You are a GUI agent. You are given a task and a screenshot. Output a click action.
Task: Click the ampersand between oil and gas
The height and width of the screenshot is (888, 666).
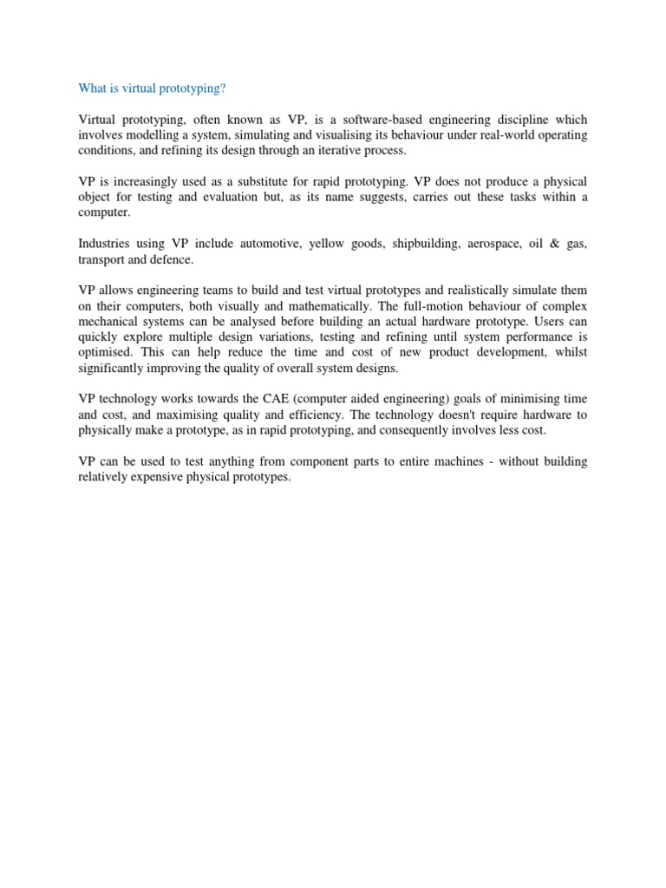pyautogui.click(x=556, y=244)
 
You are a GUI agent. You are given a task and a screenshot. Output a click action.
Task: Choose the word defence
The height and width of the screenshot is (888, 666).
pyautogui.click(x=171, y=259)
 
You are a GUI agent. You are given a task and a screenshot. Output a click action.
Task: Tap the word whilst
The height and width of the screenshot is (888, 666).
pyautogui.click(x=568, y=353)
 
